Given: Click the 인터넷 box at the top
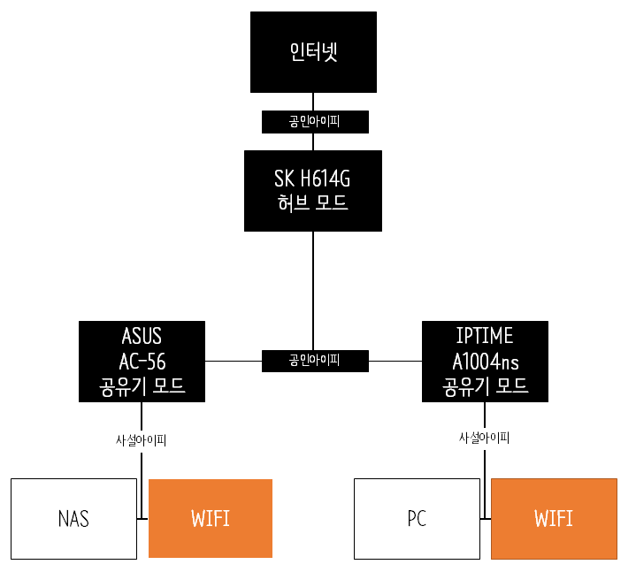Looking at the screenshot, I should tap(314, 52).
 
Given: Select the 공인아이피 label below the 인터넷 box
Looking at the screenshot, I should tap(315, 121).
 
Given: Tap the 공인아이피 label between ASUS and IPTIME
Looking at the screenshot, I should tap(315, 361).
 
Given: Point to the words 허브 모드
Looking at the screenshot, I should tap(314, 202).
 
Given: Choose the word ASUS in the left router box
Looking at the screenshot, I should tap(142, 337).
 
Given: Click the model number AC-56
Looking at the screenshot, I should tap(142, 361).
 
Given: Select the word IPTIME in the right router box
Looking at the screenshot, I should tap(485, 337).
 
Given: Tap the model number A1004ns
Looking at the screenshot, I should tap(485, 361).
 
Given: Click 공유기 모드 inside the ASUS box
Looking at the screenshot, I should tap(142, 385).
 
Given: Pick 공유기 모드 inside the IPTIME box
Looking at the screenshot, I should tap(485, 385).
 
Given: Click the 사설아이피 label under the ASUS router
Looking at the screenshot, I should tap(142, 439).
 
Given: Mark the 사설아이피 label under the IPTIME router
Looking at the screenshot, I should tap(484, 438).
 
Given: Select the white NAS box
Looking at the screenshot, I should tap(73, 519).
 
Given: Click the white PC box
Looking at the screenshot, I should tap(417, 519).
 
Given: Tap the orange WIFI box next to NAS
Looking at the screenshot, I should tap(211, 519).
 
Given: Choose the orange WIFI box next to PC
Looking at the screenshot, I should tap(554, 519).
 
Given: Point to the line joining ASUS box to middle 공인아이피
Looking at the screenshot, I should tap(234, 361).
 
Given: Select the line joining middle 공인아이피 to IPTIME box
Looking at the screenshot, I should tap(395, 361).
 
